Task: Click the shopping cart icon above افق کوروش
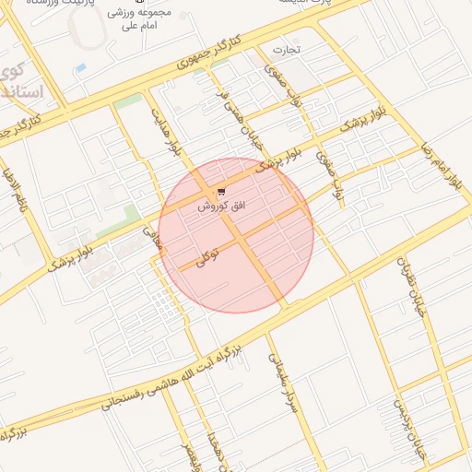221,192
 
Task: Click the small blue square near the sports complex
81,68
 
